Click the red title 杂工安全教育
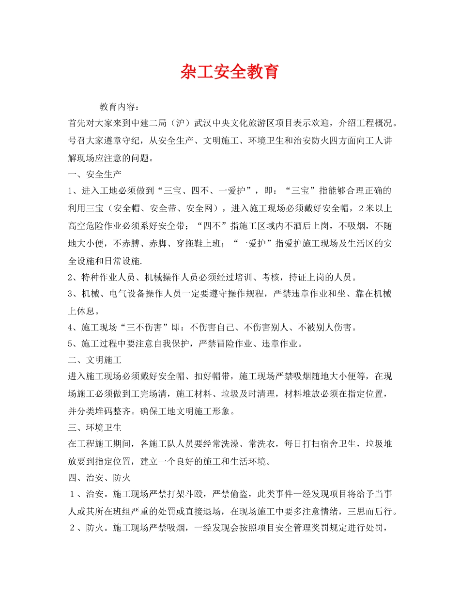pos(230,72)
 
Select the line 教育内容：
pos(121,106)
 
